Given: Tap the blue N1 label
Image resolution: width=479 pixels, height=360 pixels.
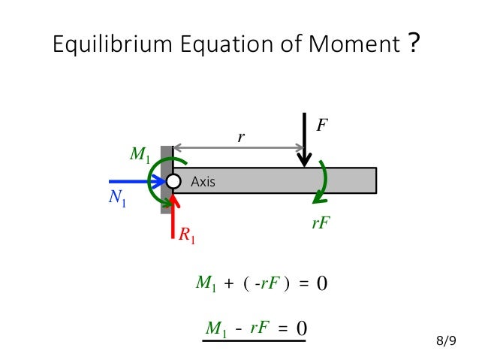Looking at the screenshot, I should click(x=116, y=201).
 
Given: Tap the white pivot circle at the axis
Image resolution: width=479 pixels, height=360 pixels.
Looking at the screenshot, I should click(x=173, y=181).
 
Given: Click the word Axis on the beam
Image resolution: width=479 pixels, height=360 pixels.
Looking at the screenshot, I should click(x=203, y=181).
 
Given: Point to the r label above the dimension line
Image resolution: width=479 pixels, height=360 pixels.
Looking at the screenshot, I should click(x=242, y=138).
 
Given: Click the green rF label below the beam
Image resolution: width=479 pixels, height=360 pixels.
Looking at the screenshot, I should click(x=321, y=222).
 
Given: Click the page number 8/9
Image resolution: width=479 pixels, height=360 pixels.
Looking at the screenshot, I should click(x=446, y=342).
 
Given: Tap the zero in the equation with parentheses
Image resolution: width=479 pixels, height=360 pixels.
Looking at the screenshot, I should click(x=321, y=284).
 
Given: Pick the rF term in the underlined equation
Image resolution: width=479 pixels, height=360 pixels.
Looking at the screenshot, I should click(x=260, y=328).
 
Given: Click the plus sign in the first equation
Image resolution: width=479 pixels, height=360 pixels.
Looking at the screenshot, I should click(x=228, y=284).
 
